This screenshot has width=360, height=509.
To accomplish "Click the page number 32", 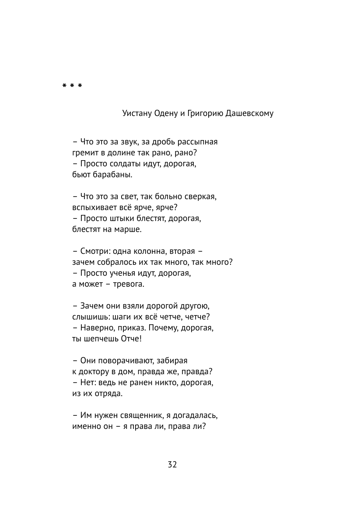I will pyautogui.click(x=172, y=465).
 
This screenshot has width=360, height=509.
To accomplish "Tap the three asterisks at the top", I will pyautogui.click(x=72, y=86).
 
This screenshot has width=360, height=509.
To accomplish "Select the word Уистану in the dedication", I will pyautogui.click(x=137, y=113).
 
